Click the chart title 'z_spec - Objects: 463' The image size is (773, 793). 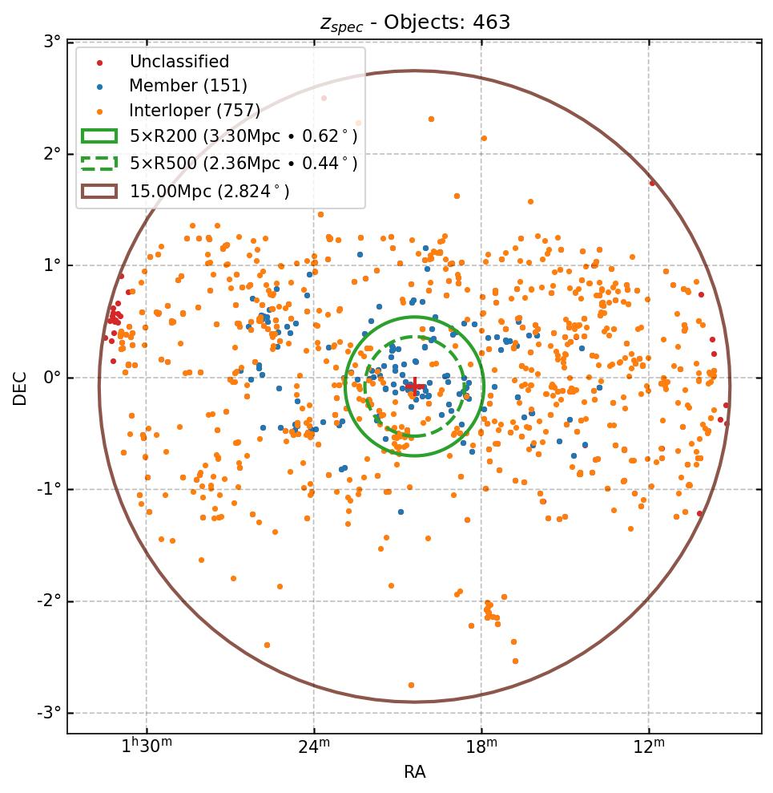(x=415, y=22)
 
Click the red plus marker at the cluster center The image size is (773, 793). (x=414, y=386)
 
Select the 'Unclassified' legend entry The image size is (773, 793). (x=179, y=62)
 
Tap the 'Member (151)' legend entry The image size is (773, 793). (x=187, y=86)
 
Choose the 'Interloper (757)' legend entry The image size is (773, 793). (x=195, y=111)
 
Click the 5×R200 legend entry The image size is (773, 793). (x=243, y=137)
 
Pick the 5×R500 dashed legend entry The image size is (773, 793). (x=243, y=164)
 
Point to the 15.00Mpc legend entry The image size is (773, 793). (x=209, y=191)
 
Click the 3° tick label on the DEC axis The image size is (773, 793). (x=52, y=42)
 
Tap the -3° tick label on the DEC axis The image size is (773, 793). (x=50, y=713)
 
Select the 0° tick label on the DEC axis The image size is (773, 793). (x=52, y=378)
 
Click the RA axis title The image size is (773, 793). (x=414, y=772)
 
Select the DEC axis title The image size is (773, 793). (x=20, y=387)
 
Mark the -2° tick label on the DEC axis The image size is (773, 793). (x=50, y=601)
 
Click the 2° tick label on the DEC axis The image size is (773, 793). (x=52, y=153)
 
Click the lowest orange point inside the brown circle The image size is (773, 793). (x=412, y=685)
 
